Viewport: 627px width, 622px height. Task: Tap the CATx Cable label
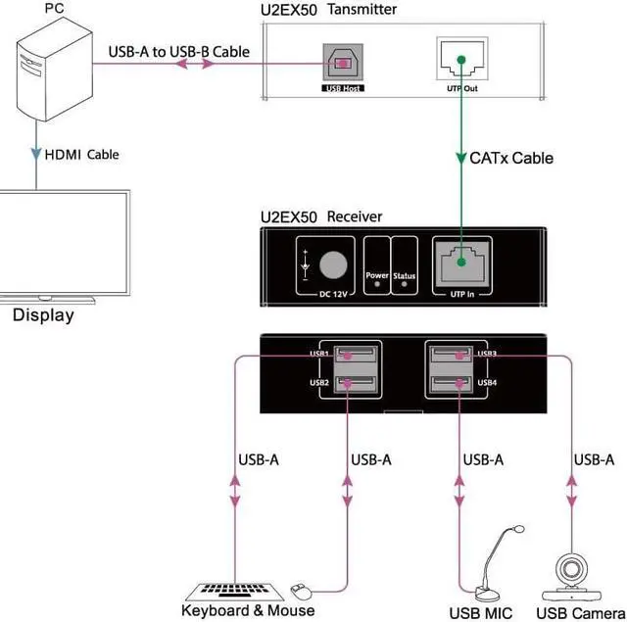[511, 158]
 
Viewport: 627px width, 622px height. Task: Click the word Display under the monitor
[43, 315]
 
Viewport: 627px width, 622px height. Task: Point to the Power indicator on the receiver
[377, 276]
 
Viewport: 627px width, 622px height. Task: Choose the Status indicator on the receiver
[405, 276]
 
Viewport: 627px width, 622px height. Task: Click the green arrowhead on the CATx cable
[459, 158]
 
